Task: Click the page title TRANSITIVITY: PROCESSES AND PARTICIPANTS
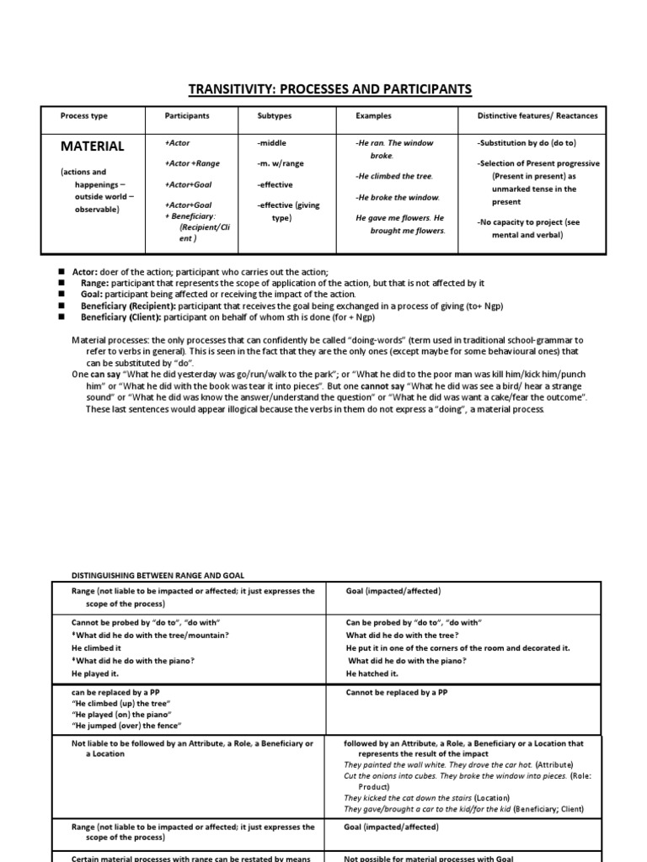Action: pyautogui.click(x=323, y=89)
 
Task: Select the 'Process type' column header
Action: pyautogui.click(x=83, y=115)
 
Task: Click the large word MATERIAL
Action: pyautogui.click(x=92, y=146)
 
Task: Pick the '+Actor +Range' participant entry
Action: pyautogui.click(x=193, y=163)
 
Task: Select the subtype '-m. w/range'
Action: pyautogui.click(x=284, y=162)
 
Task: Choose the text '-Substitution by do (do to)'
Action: pyautogui.click(x=527, y=143)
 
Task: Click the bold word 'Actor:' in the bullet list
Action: pyautogui.click(x=88, y=273)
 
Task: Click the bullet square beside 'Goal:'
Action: pyautogui.click(x=61, y=295)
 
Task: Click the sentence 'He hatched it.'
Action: pyautogui.click(x=372, y=674)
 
